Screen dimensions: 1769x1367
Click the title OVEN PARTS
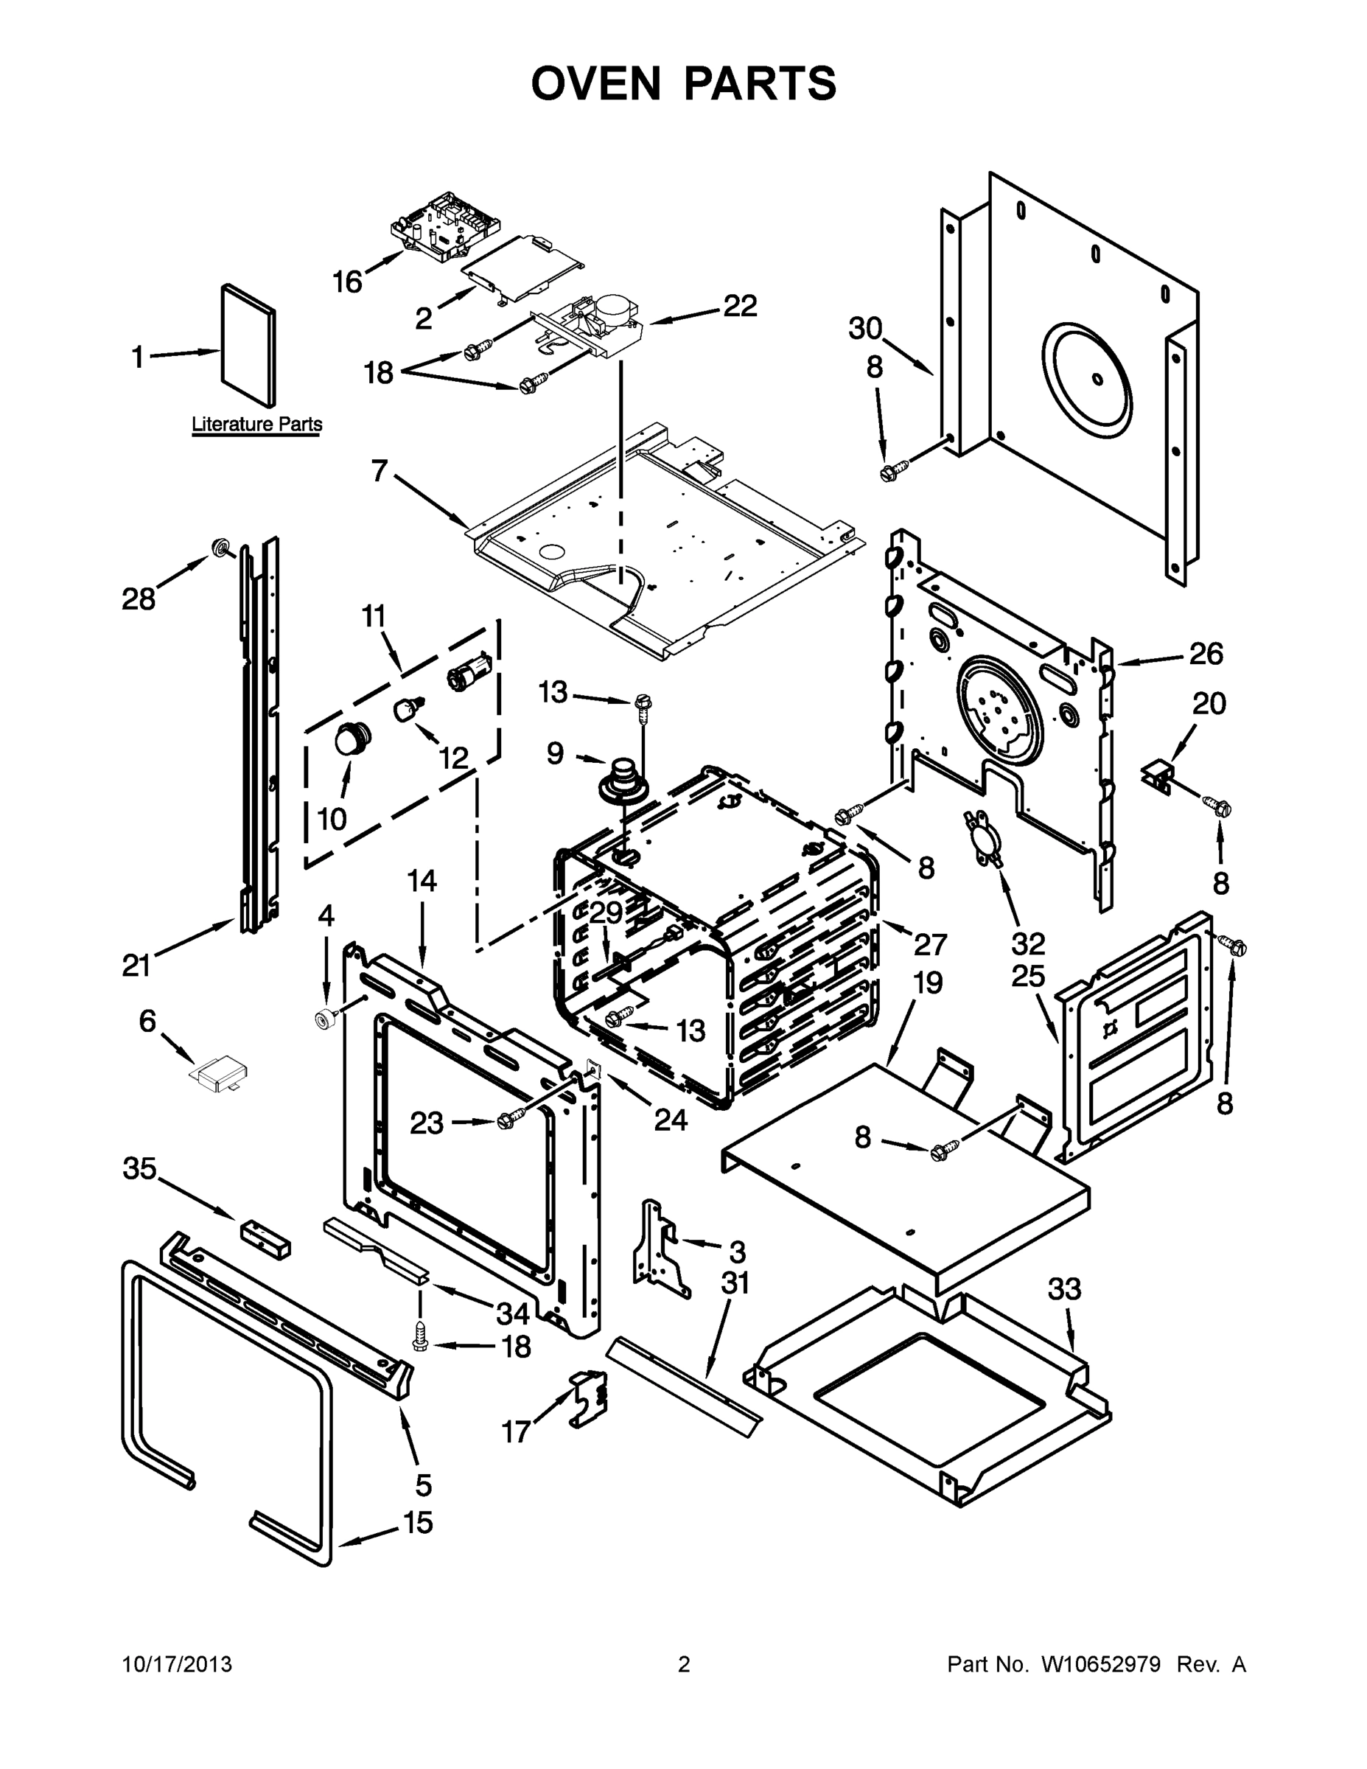pos(684,83)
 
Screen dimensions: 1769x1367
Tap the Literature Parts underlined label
pos(256,424)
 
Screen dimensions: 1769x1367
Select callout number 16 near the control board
pos(347,283)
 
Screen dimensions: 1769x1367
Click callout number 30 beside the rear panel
pos(865,329)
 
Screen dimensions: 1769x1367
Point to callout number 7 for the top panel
pos(380,470)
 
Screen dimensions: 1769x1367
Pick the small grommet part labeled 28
pos(219,548)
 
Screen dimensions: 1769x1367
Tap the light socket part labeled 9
pos(623,779)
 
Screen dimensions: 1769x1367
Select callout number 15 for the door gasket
pos(418,1523)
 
